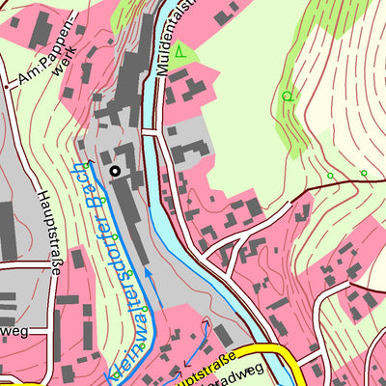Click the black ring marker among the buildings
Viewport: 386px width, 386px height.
click(116, 171)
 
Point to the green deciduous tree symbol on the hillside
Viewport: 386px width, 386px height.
click(287, 96)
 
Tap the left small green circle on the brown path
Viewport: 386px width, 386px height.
click(330, 176)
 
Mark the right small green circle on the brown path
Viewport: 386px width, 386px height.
click(363, 173)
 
